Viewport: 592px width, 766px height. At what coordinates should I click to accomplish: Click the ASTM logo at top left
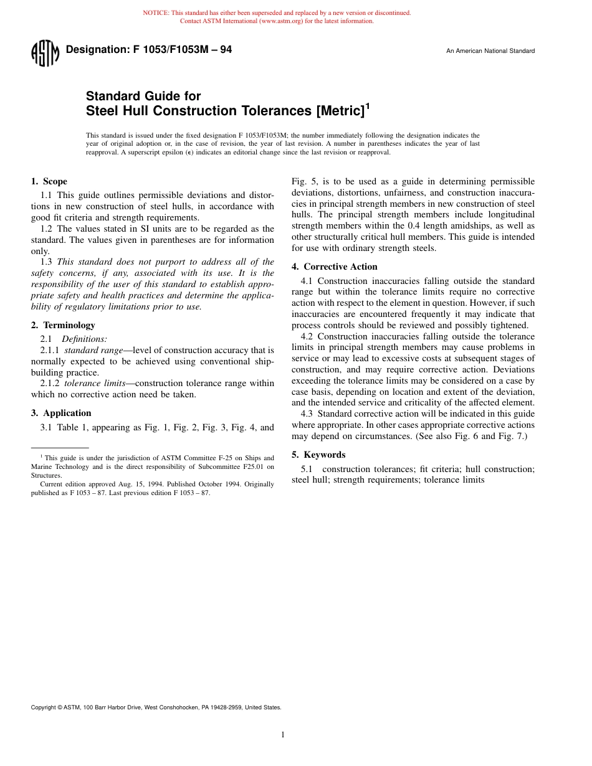tap(45, 54)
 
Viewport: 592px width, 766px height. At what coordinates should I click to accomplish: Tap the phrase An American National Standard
tap(490, 51)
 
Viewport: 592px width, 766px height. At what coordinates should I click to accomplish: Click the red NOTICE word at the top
tap(156, 12)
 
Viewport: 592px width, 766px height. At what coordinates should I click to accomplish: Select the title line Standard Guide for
tap(143, 96)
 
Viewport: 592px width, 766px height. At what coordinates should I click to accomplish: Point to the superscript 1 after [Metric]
tap(367, 106)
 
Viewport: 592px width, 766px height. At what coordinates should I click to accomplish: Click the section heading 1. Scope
tap(49, 181)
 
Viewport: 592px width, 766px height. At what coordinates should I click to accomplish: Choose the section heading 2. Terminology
tap(63, 325)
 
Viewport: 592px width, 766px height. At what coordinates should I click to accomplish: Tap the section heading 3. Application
tap(61, 413)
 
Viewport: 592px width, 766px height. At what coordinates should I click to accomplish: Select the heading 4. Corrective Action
tap(334, 267)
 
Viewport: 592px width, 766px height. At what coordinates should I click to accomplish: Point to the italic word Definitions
tap(84, 339)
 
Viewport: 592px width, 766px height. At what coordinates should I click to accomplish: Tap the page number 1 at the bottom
tap(283, 735)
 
